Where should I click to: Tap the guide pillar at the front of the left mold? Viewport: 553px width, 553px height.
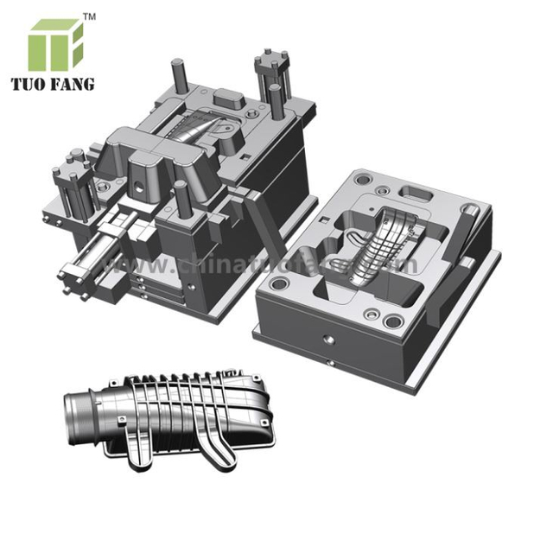click(182, 198)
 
